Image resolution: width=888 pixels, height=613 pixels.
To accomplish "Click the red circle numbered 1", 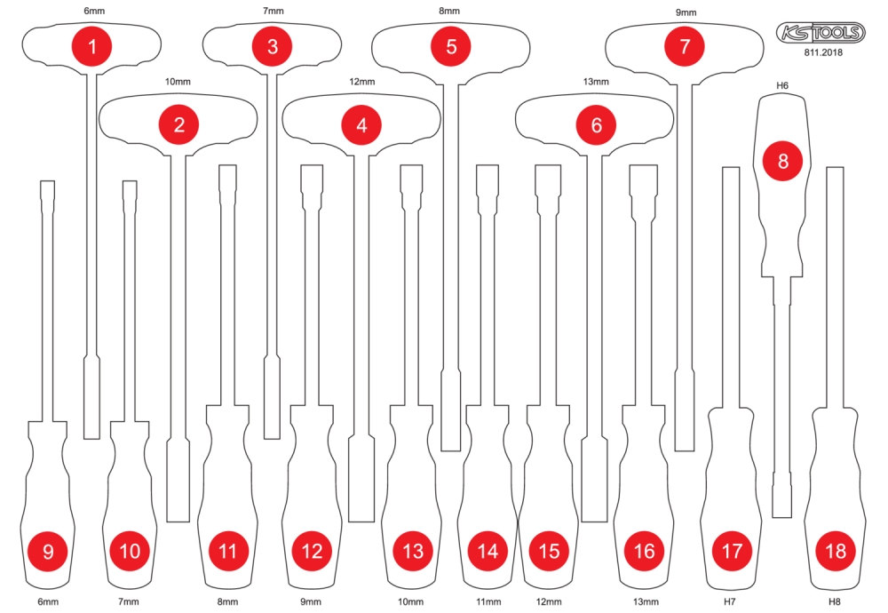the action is pos(92,46).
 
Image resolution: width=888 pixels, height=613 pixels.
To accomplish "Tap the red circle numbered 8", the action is pos(783,161).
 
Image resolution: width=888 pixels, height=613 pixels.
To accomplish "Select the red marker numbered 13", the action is pos(413,551).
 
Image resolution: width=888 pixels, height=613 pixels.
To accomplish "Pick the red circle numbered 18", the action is pos(836,551).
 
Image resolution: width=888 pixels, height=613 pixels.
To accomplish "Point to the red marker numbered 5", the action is pos(451,46).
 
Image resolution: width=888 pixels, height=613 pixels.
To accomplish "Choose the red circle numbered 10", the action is pos(130,551).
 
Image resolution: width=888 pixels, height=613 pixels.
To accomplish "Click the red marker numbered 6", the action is pos(597,124).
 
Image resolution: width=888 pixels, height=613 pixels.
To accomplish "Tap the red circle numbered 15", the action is pos(549,551).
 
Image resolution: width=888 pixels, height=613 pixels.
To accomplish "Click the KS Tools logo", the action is pos(821,33).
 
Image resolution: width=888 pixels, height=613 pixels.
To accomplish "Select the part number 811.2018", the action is pos(823,52).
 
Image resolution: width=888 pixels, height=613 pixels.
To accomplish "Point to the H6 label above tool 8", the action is pos(782,85).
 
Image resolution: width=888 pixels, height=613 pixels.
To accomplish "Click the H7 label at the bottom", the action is pos(729,601).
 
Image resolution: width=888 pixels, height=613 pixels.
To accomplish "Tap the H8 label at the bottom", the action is pos(834,601).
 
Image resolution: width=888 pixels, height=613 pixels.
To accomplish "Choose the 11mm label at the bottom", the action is pos(488,601).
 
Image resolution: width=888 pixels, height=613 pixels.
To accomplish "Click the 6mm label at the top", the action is pos(95,11).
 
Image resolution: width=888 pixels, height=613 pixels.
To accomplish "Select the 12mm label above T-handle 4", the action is pos(362,82).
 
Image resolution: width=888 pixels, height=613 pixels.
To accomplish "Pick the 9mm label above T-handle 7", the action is pos(686,12).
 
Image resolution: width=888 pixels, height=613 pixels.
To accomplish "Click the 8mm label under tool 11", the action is pos(227,601).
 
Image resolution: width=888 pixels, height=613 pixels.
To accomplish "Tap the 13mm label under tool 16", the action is pos(646,601).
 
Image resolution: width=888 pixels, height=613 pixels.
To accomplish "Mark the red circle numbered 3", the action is pos(273,46).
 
